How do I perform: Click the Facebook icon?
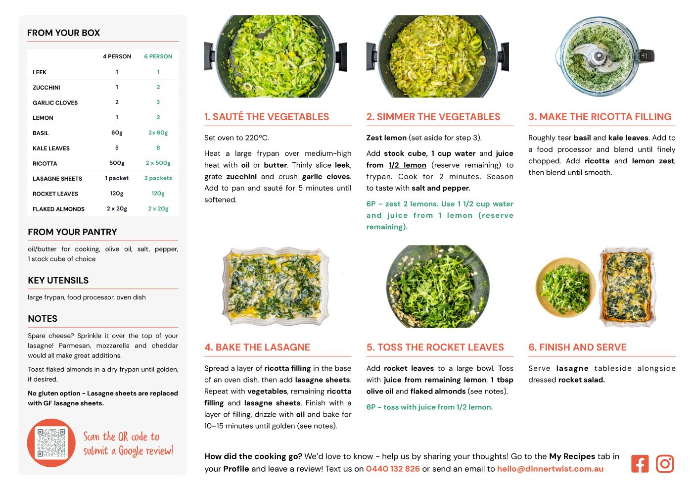pyautogui.click(x=640, y=463)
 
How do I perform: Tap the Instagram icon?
pyautogui.click(x=664, y=463)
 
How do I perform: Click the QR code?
pyautogui.click(x=51, y=442)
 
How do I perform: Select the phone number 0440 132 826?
pyautogui.click(x=393, y=469)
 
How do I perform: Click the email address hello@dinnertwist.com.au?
pyautogui.click(x=550, y=469)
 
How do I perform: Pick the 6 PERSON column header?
pyautogui.click(x=158, y=56)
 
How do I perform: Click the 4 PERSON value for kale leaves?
pyautogui.click(x=117, y=148)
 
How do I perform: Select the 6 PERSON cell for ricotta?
pyautogui.click(x=158, y=163)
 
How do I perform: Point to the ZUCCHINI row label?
pyautogui.click(x=46, y=88)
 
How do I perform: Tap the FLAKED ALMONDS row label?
pyautogui.click(x=58, y=209)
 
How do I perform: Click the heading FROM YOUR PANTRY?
pyautogui.click(x=72, y=232)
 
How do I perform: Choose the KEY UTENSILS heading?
pyautogui.click(x=58, y=280)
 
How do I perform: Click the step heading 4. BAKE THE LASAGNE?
pyautogui.click(x=257, y=347)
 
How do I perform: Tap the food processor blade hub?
pyautogui.click(x=599, y=56)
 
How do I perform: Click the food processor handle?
pyautogui.click(x=647, y=56)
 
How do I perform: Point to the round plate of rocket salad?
pyautogui.click(x=565, y=288)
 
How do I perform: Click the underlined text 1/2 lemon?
pyautogui.click(x=407, y=165)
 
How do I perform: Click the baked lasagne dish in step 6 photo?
pyautogui.click(x=628, y=287)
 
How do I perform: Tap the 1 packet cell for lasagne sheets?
pyautogui.click(x=117, y=178)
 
